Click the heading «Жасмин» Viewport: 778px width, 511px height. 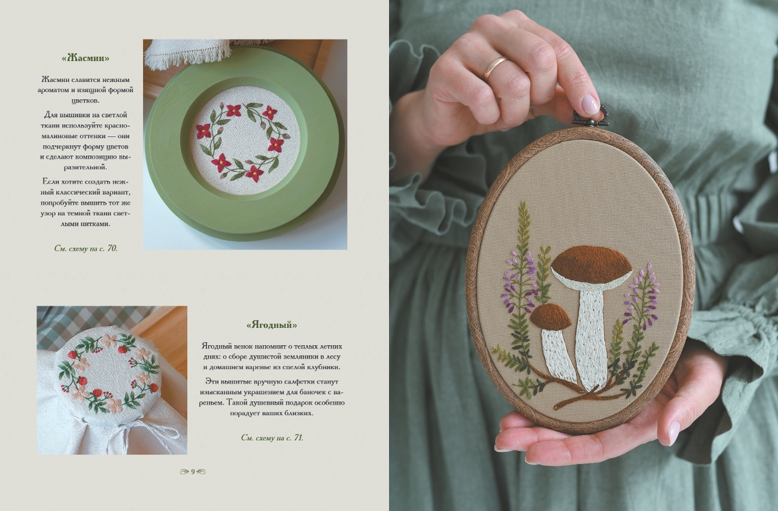[x=86, y=58]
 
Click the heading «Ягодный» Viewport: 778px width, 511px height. [x=272, y=325]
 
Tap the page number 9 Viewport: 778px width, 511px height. [x=193, y=472]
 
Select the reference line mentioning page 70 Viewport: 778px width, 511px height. [x=86, y=248]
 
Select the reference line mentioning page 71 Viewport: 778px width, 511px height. [x=272, y=438]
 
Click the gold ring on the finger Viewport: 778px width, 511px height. [x=494, y=68]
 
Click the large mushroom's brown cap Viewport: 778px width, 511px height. [x=591, y=263]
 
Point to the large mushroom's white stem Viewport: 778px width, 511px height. [x=591, y=337]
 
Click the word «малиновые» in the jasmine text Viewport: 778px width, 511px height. [x=60, y=136]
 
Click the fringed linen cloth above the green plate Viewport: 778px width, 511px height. [x=187, y=52]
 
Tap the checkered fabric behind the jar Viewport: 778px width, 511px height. [x=87, y=323]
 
